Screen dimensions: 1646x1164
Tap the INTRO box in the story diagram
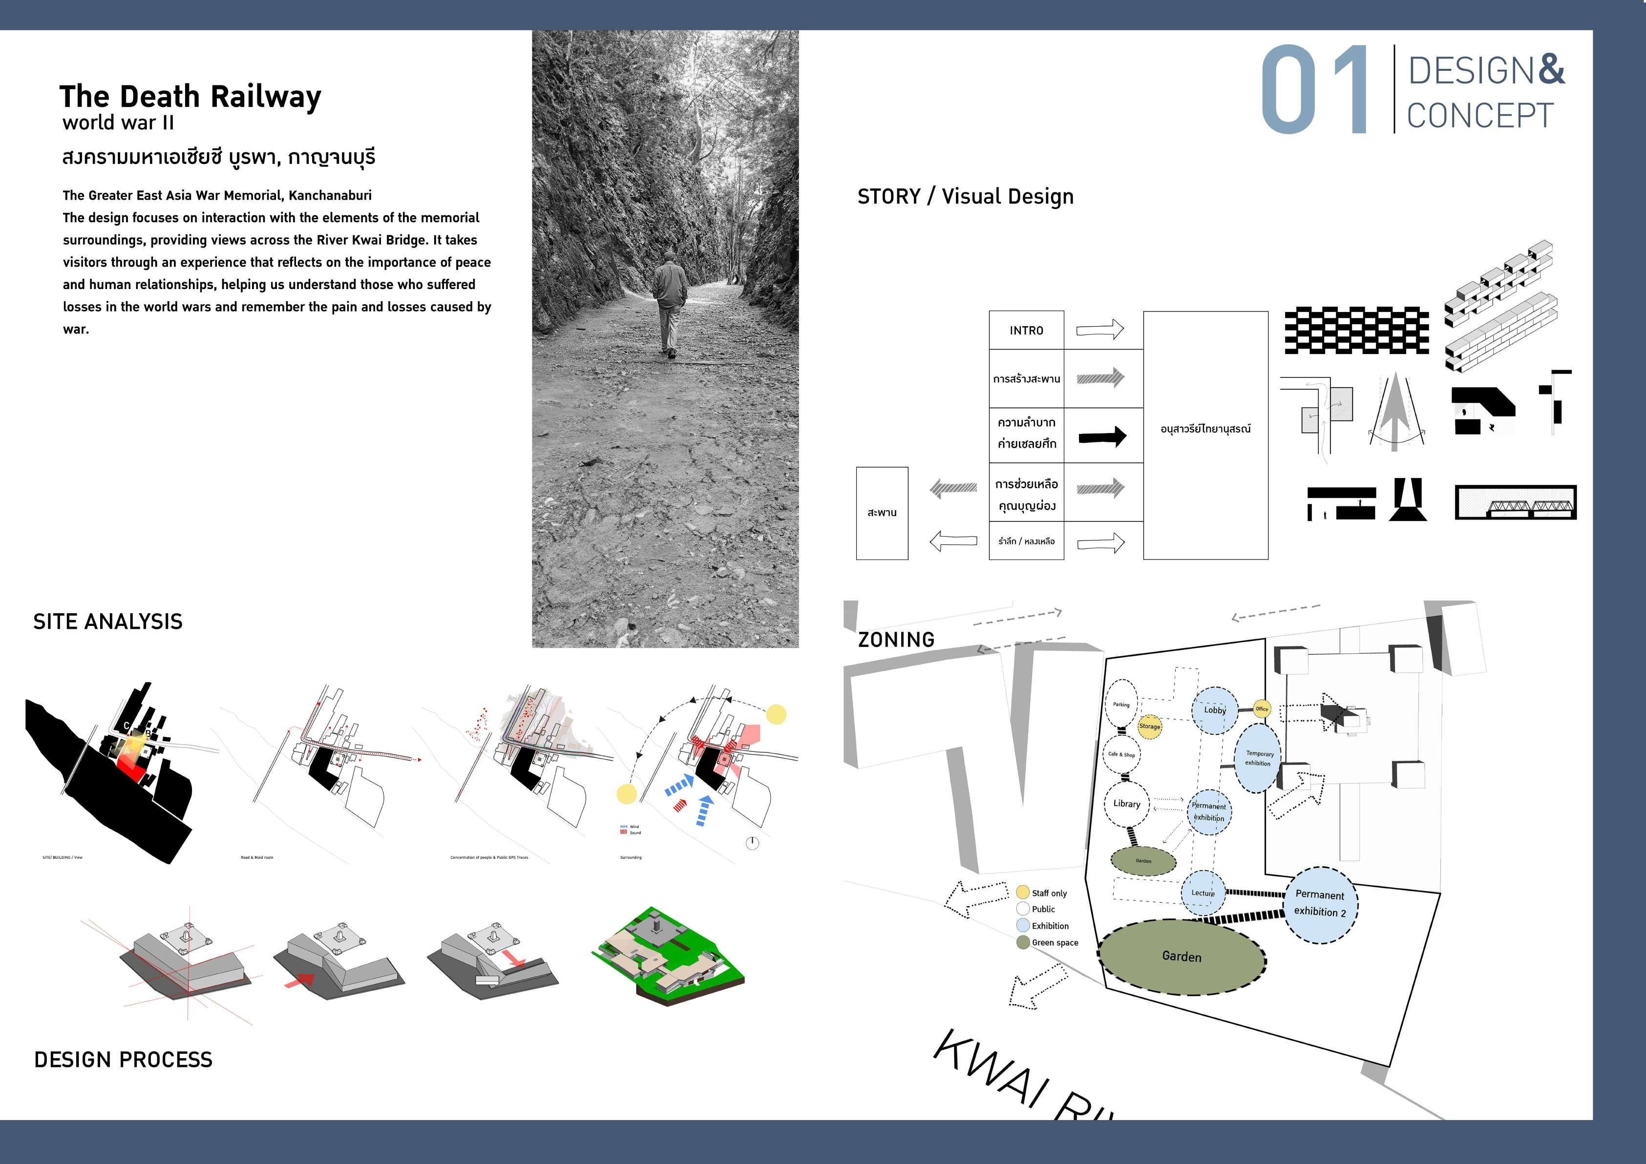[x=1026, y=331]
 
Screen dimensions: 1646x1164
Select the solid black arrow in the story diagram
[x=1102, y=436]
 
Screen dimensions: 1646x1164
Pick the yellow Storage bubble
[x=1149, y=726]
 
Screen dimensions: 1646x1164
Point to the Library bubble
[x=1126, y=804]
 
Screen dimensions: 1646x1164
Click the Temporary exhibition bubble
[x=1258, y=758]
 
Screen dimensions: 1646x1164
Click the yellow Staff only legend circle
[x=1023, y=893]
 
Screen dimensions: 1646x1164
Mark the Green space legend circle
[x=1023, y=942]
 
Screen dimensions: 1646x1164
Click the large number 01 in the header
[x=1315, y=89]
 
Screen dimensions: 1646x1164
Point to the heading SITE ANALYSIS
[x=107, y=622]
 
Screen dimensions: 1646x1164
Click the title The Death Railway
[x=190, y=96]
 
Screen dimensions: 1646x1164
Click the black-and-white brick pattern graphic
[x=1356, y=331]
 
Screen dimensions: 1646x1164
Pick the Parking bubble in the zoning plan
[x=1121, y=705]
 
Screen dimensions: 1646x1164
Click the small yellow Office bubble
[x=1262, y=709]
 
